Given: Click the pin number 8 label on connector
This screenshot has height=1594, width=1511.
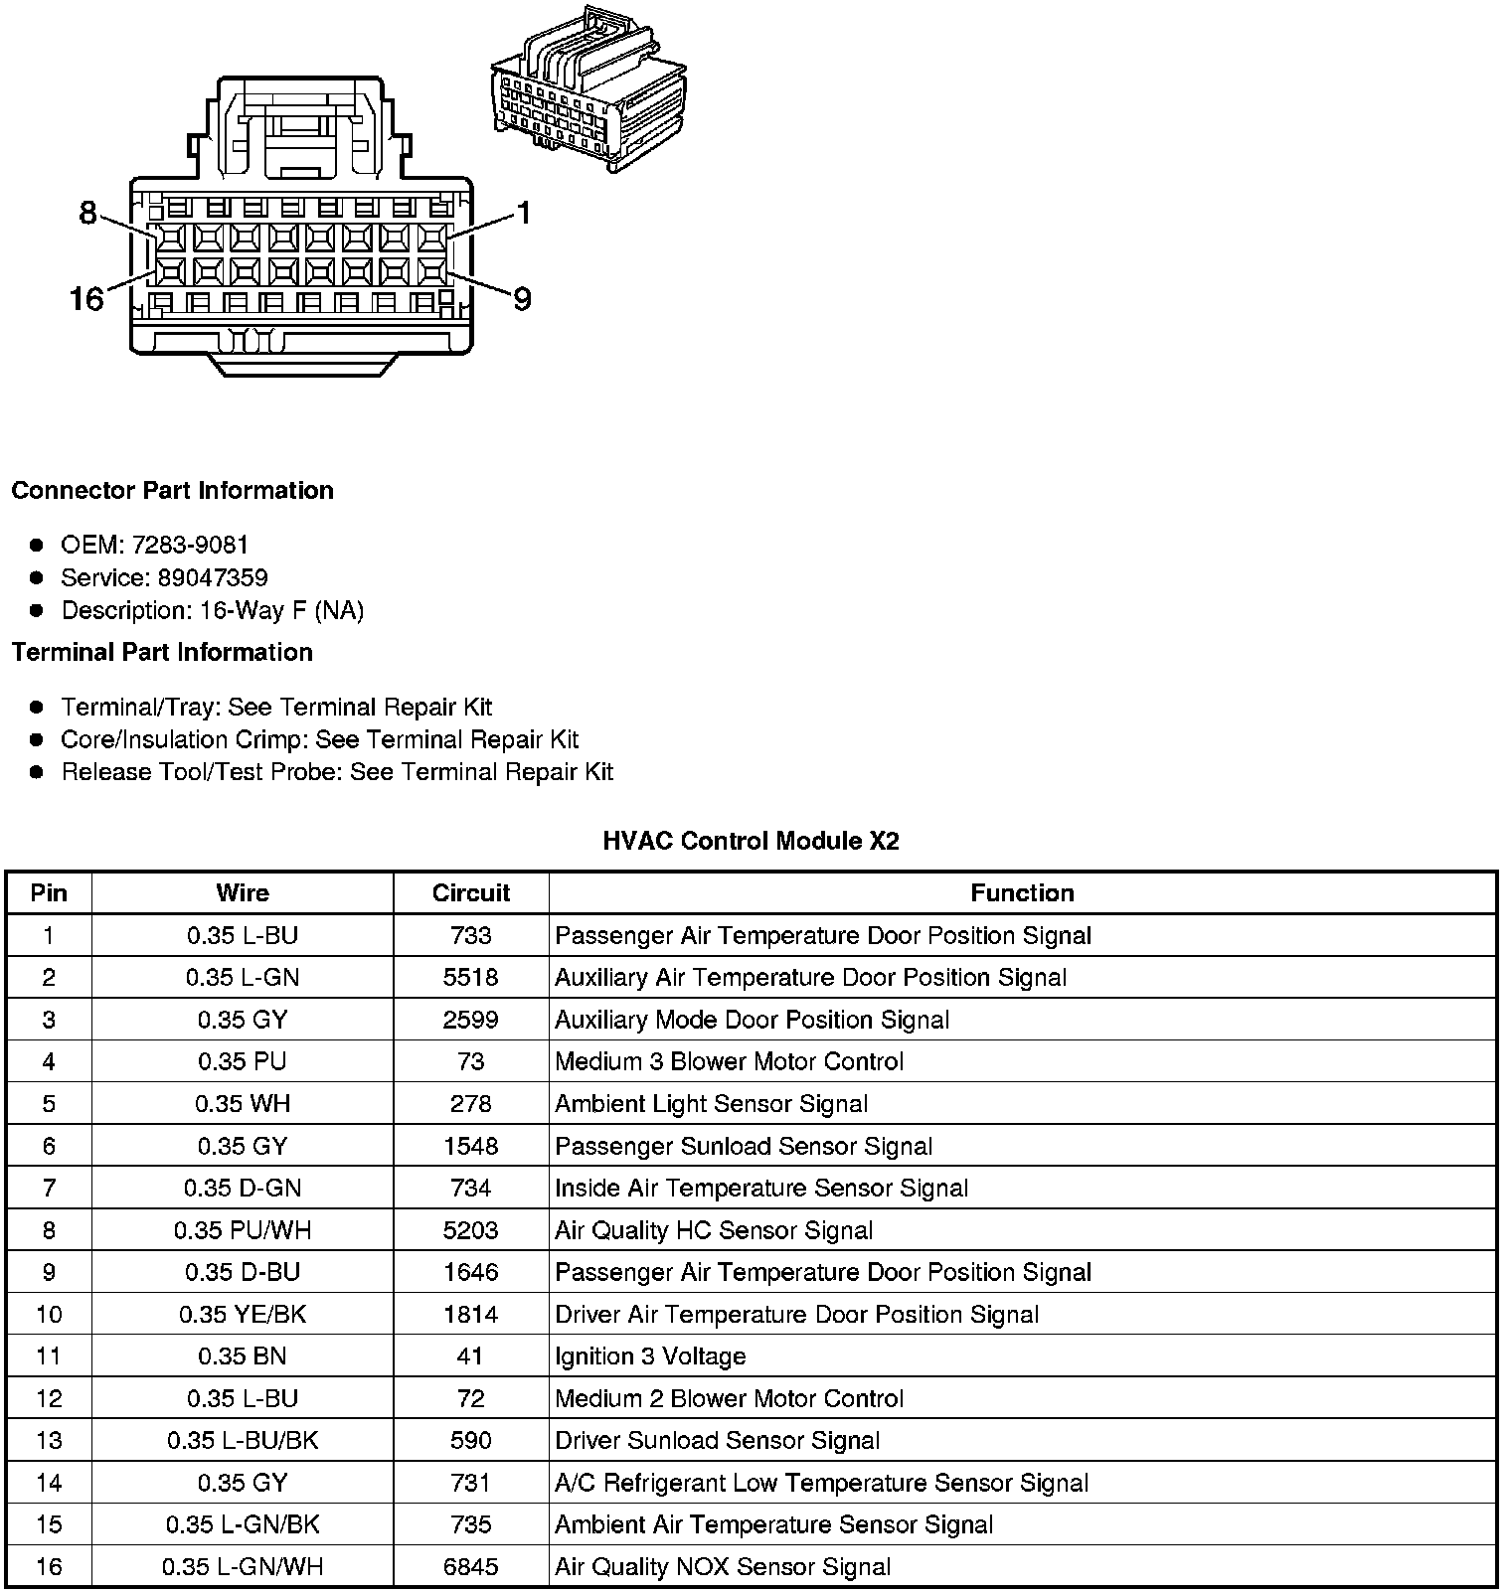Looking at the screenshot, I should pyautogui.click(x=87, y=214).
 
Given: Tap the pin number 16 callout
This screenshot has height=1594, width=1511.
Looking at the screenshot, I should pyautogui.click(x=86, y=298).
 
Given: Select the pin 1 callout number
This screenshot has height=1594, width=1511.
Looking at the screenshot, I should pyautogui.click(x=523, y=214).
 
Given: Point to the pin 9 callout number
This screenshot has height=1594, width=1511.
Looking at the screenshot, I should pyautogui.click(x=521, y=298).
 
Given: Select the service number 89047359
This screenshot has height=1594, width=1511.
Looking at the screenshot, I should pyautogui.click(x=212, y=577).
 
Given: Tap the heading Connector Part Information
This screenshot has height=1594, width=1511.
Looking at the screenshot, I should pyautogui.click(x=172, y=491).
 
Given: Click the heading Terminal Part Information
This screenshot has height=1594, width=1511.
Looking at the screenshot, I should pyautogui.click(x=162, y=652).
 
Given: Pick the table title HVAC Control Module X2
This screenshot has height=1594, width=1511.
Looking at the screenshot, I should pyautogui.click(x=751, y=841).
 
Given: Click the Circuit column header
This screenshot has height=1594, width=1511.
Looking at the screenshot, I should pyautogui.click(x=470, y=892).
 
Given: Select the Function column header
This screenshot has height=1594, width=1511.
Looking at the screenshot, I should pyautogui.click(x=1022, y=892).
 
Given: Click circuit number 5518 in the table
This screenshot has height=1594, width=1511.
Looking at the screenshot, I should pyautogui.click(x=470, y=978).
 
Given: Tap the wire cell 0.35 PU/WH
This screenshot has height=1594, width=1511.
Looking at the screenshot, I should pyautogui.click(x=243, y=1230).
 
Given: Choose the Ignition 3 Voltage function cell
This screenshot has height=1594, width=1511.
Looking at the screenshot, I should pyautogui.click(x=650, y=1356).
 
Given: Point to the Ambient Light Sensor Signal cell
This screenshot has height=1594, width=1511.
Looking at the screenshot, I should pyautogui.click(x=711, y=1104).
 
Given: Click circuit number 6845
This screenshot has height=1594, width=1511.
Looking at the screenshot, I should pyautogui.click(x=470, y=1567).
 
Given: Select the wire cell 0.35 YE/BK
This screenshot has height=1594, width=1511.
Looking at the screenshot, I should pyautogui.click(x=243, y=1315).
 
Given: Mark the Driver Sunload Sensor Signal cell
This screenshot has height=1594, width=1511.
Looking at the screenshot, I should pyautogui.click(x=717, y=1441).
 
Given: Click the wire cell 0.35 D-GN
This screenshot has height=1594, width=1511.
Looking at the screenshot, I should pyautogui.click(x=243, y=1189).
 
